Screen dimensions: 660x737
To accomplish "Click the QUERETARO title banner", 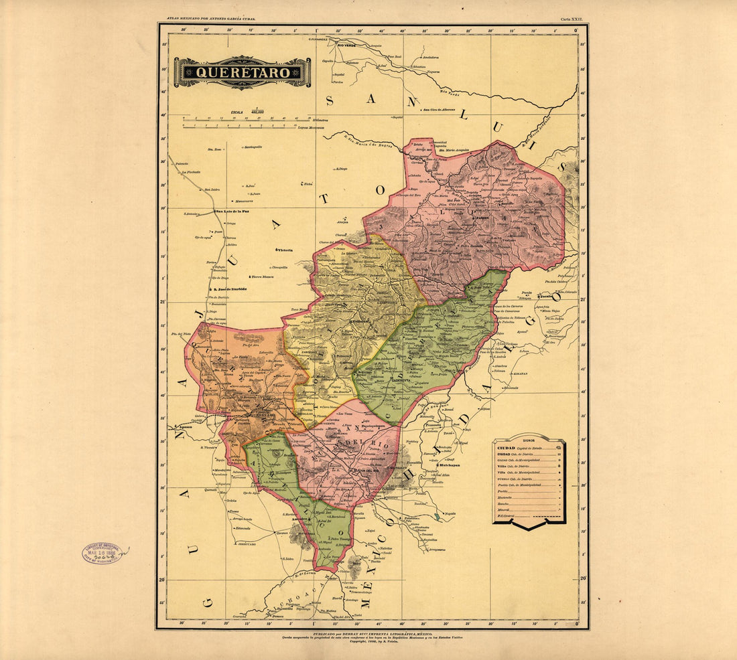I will click(243, 72).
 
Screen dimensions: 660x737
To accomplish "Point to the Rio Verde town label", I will click(346, 45).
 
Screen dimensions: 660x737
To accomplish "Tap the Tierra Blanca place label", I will click(263, 276).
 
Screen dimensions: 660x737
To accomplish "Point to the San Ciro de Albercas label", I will click(438, 109).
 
